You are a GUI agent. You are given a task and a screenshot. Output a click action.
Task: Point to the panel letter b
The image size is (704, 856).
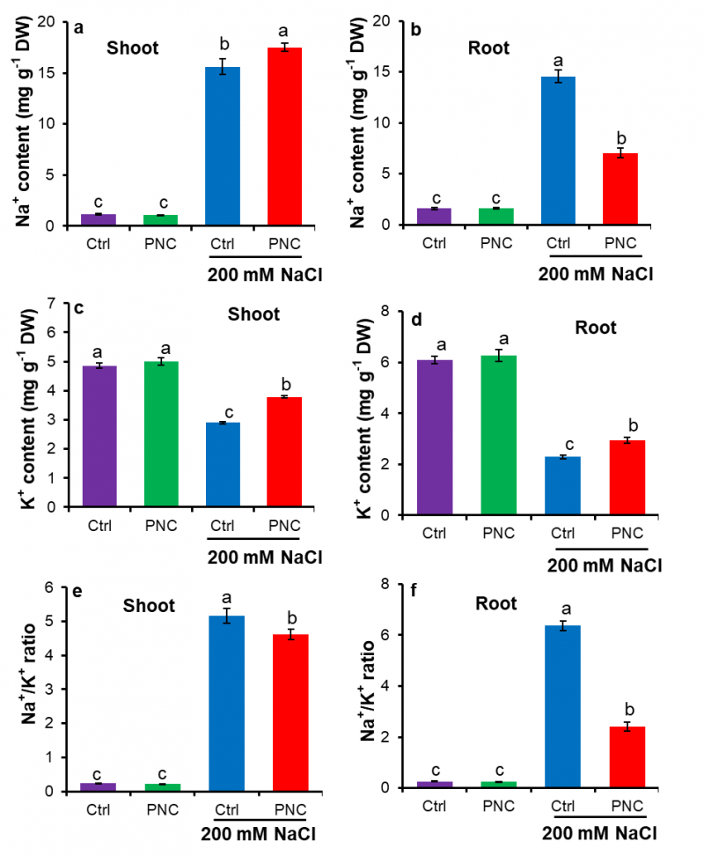416,28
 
